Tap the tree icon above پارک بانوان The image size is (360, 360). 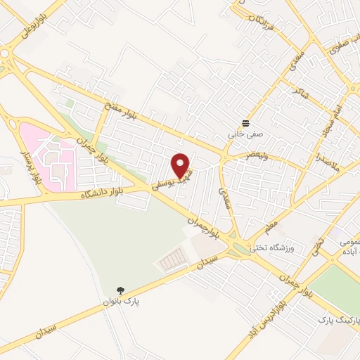[121, 290]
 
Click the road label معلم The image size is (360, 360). [272, 224]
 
